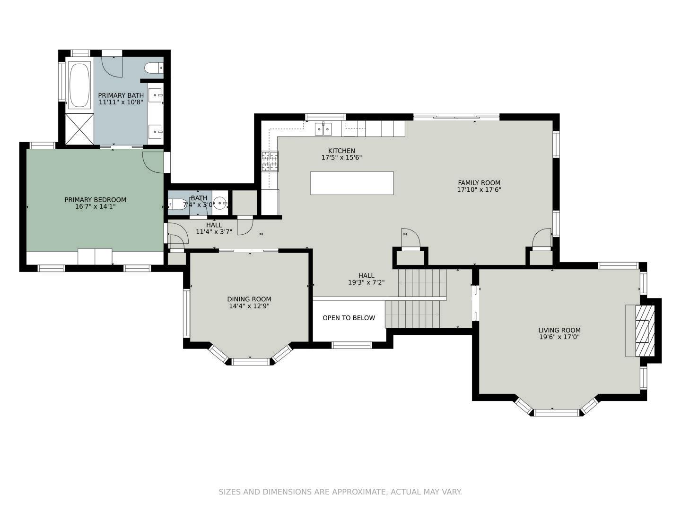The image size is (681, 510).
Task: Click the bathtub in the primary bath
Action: [x=79, y=85]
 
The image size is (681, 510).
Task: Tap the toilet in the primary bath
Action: [x=153, y=68]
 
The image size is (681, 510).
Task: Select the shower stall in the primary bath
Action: [x=79, y=129]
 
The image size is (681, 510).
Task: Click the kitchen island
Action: [x=352, y=183]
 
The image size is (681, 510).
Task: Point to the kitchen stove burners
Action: [x=270, y=161]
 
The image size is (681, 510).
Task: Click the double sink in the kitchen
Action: [x=323, y=128]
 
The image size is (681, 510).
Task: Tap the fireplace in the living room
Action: [x=644, y=331]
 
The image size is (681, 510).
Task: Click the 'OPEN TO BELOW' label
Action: [x=349, y=318]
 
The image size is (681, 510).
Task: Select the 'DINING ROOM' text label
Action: [x=249, y=299]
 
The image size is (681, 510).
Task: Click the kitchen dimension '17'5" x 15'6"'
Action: [x=341, y=158]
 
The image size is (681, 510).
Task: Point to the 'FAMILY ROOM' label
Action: [x=479, y=183]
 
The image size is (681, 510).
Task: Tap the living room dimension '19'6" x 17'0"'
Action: [x=559, y=337]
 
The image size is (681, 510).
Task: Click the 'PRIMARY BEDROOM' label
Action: [x=96, y=200]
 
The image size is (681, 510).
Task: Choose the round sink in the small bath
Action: [x=220, y=204]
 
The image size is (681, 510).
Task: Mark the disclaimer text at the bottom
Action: [x=340, y=492]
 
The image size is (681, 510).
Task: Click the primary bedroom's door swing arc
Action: [x=152, y=161]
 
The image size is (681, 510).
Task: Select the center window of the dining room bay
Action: [x=250, y=362]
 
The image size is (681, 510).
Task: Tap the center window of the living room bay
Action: [x=556, y=413]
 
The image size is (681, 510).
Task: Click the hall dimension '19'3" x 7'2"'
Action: [x=366, y=282]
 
